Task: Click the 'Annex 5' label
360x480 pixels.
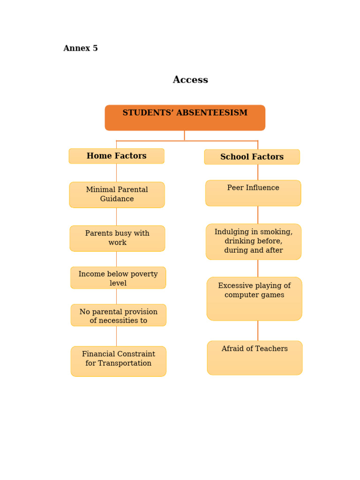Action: click(81, 48)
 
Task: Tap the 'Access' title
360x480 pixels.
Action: click(190, 80)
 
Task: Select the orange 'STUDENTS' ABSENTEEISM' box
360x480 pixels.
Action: click(185, 118)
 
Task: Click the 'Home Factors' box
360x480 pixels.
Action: click(116, 156)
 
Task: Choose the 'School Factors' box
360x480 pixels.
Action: click(252, 157)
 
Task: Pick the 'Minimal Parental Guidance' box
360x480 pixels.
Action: click(117, 195)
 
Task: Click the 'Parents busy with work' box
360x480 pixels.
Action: click(117, 238)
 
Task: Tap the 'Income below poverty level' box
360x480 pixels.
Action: click(118, 278)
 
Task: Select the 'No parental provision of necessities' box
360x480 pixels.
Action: click(118, 315)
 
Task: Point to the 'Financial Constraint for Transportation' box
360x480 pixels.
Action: click(118, 361)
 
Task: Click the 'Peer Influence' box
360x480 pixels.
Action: click(253, 193)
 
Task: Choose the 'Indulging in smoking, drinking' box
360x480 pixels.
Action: click(253, 241)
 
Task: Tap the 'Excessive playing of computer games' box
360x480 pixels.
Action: click(254, 299)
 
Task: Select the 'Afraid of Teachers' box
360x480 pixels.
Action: click(255, 358)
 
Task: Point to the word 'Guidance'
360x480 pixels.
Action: click(117, 199)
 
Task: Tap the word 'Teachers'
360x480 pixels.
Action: click(270, 349)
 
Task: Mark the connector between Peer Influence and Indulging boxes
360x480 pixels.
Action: click(257, 215)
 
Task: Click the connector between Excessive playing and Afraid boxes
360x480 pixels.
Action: click(257, 330)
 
